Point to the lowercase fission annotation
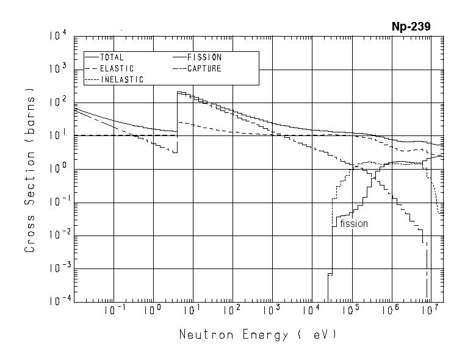coord(354,224)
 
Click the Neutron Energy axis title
coord(257,335)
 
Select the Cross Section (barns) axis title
coord(29,169)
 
